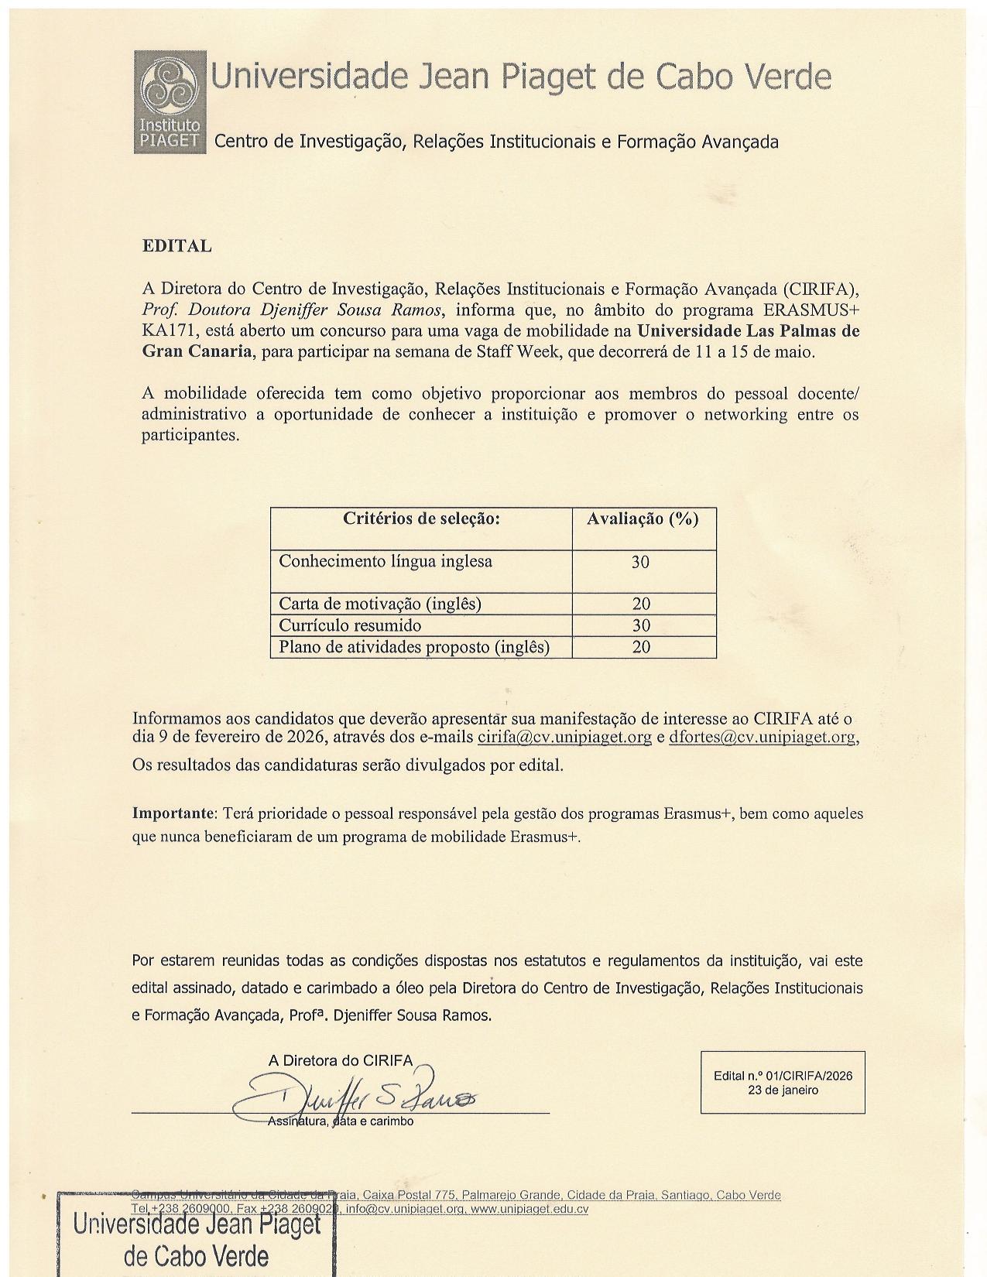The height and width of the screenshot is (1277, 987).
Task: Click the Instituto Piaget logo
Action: pyautogui.click(x=170, y=101)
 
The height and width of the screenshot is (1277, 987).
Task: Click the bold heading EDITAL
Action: pyautogui.click(x=176, y=246)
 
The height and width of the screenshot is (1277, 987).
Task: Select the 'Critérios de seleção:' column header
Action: pyautogui.click(x=421, y=519)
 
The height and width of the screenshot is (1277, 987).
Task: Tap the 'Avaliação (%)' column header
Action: pyautogui.click(x=643, y=519)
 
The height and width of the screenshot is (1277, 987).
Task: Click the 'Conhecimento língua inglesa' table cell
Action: pyautogui.click(x=386, y=561)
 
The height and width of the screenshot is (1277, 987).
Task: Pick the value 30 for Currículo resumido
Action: pyautogui.click(x=641, y=625)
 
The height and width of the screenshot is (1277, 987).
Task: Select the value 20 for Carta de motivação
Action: pyautogui.click(x=641, y=604)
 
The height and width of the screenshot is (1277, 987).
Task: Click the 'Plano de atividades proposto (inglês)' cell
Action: pyautogui.click(x=414, y=647)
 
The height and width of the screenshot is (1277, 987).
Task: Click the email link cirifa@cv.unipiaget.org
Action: pyautogui.click(x=564, y=737)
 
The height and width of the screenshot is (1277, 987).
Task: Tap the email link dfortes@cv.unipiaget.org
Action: pyautogui.click(x=763, y=737)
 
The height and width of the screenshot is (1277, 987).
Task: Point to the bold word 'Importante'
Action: pyautogui.click(x=173, y=813)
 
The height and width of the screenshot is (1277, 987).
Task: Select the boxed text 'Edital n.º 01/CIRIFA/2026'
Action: pyautogui.click(x=783, y=1076)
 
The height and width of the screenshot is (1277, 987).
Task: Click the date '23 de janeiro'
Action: pyautogui.click(x=783, y=1090)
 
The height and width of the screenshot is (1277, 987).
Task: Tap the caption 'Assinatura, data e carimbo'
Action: pyautogui.click(x=341, y=1121)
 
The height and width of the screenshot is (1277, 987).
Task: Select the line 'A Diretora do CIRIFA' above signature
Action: pyautogui.click(x=341, y=1060)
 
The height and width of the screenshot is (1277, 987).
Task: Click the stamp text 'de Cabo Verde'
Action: pyautogui.click(x=196, y=1255)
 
